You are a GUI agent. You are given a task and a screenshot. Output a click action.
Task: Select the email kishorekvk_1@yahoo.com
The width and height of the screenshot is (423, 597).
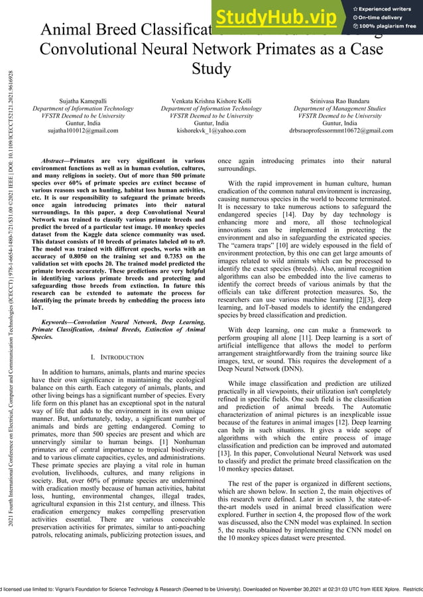tap(211, 131)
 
